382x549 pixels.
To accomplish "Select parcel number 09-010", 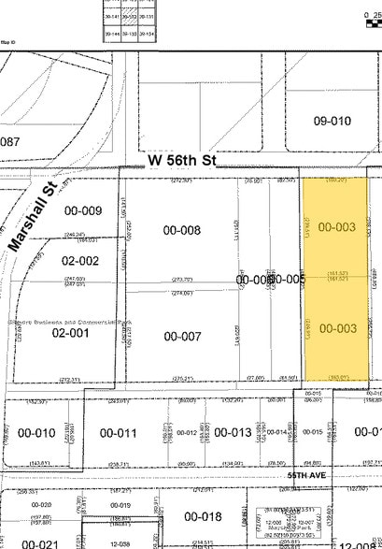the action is coord(332,121).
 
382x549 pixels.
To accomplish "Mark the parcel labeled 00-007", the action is coord(182,336).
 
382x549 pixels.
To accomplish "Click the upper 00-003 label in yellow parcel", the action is coord(336,226).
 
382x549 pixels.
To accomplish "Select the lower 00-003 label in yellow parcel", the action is coord(336,327).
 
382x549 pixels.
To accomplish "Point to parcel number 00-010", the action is coord(36,433).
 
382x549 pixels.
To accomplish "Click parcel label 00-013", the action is coord(233,432).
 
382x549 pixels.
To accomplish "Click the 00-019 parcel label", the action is coord(120,506).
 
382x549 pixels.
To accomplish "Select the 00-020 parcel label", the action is coord(41,505).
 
